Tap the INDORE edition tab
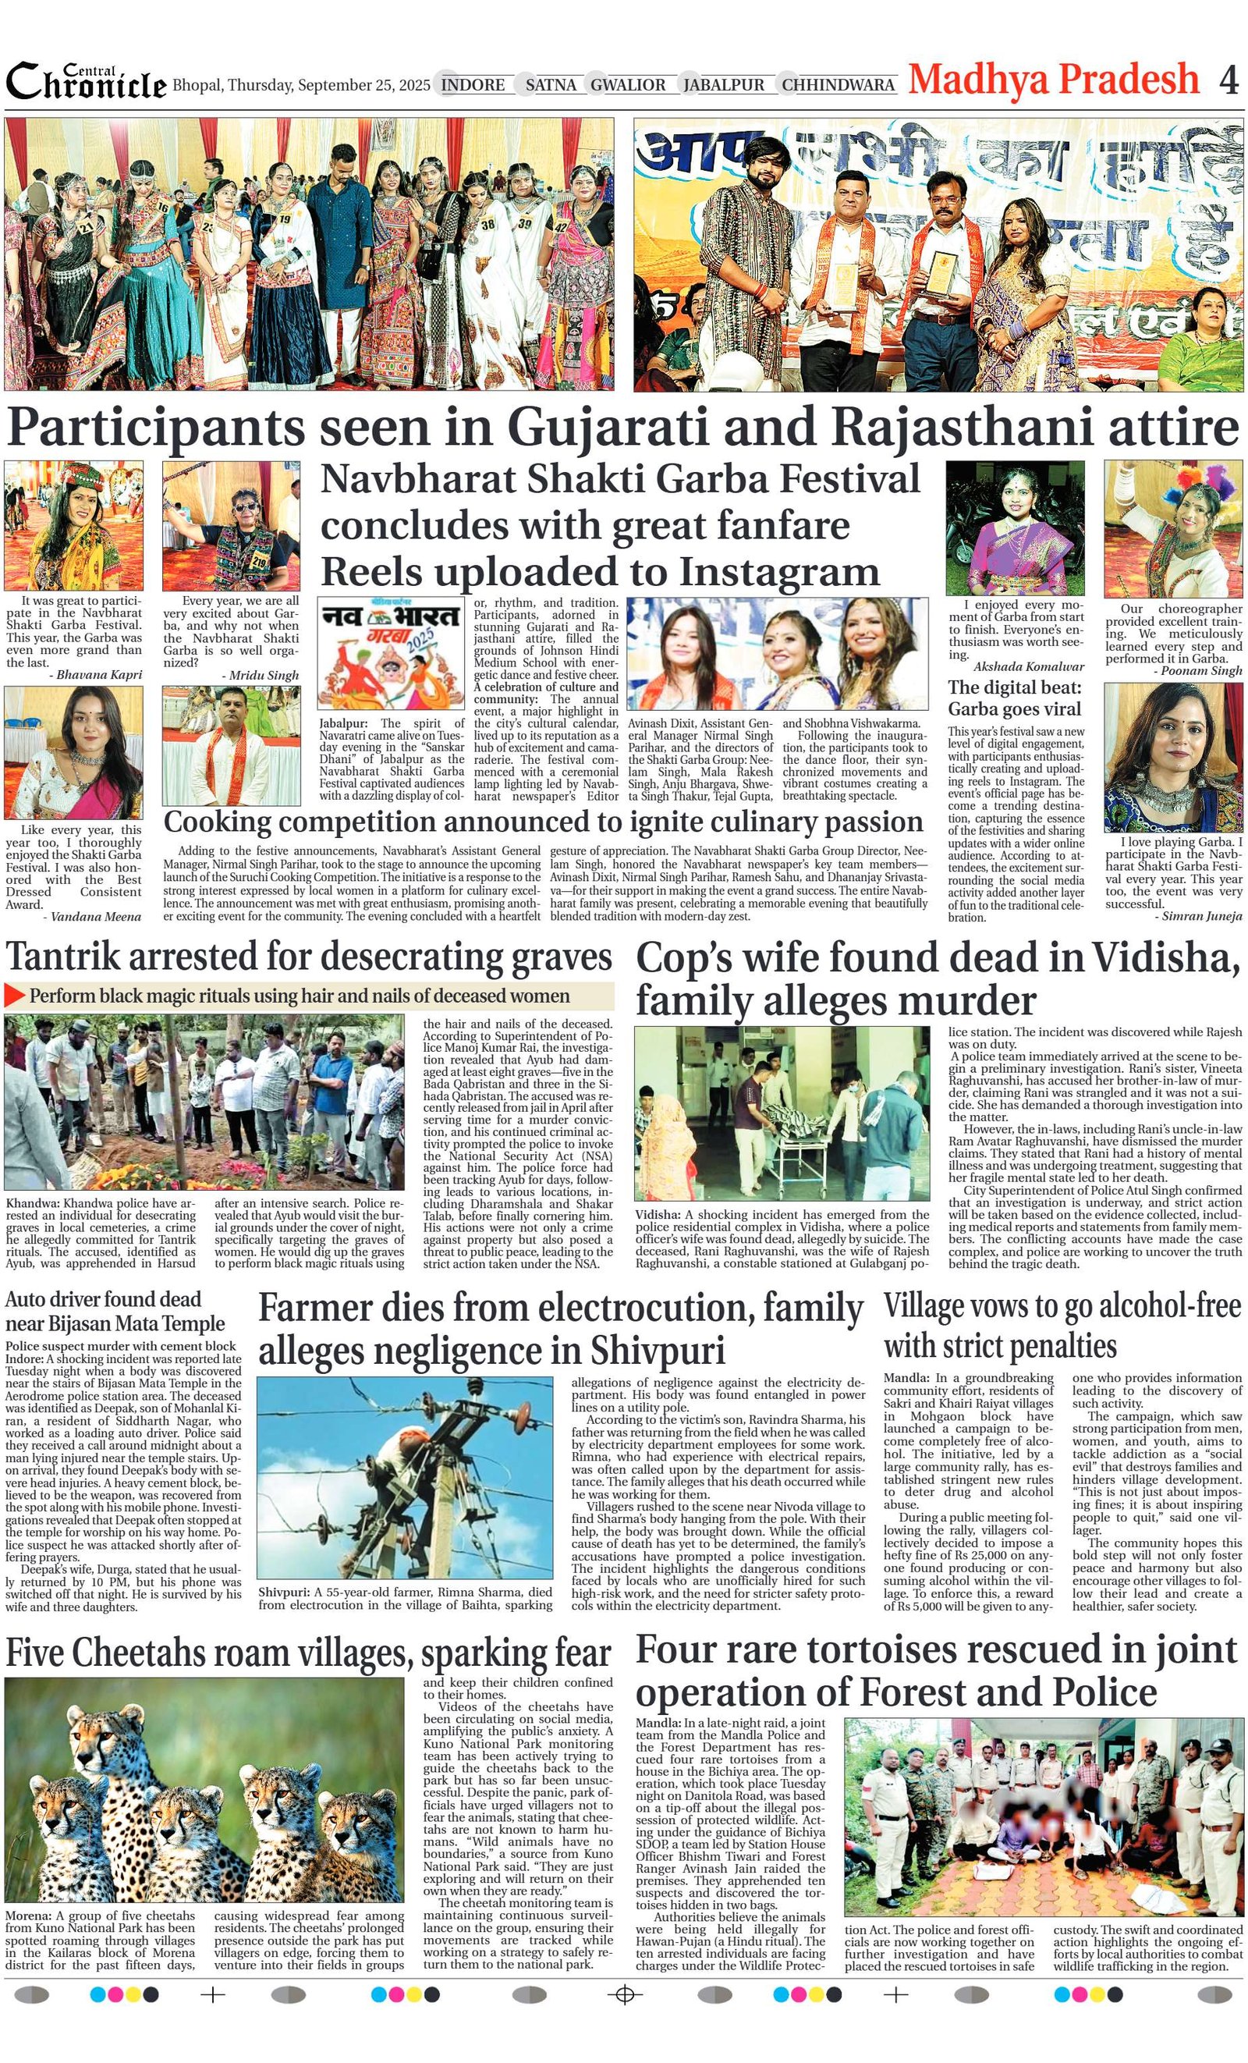click(x=473, y=84)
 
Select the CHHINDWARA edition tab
click(x=838, y=84)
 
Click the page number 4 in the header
click(x=1228, y=80)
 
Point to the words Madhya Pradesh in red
click(x=1054, y=80)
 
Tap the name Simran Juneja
click(x=1203, y=916)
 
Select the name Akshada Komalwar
click(x=1028, y=666)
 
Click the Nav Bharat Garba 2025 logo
click(x=391, y=653)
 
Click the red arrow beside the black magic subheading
click(x=14, y=996)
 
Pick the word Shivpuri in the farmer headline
click(x=657, y=1351)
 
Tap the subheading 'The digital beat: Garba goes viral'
click(x=1015, y=698)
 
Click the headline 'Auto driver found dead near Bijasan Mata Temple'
click(x=115, y=1311)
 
